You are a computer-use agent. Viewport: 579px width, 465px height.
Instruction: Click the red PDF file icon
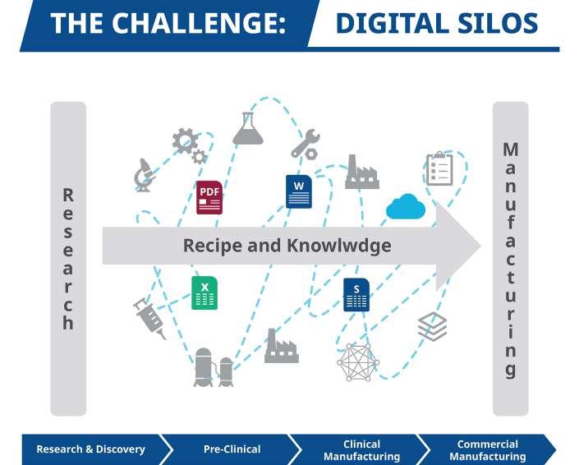click(209, 197)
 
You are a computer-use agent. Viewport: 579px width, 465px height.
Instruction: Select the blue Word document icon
click(299, 191)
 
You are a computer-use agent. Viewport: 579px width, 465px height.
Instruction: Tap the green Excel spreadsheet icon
click(204, 293)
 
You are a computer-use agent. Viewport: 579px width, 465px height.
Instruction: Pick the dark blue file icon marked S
click(356, 295)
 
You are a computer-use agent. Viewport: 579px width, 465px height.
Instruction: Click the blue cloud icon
click(406, 207)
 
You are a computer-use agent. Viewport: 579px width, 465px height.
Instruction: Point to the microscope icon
click(144, 175)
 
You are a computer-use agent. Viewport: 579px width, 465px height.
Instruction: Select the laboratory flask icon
click(247, 130)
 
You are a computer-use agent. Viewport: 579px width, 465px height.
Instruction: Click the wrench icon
click(305, 145)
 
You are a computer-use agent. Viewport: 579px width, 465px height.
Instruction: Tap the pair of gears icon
click(189, 145)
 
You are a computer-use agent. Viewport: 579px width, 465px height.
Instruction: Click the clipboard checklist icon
click(439, 168)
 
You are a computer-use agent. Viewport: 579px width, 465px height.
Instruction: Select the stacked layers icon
click(432, 326)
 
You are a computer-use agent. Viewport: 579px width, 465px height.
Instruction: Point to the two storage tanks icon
click(214, 367)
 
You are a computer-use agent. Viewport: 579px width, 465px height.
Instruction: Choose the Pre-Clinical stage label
click(232, 449)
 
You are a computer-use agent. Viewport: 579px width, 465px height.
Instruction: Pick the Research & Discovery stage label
click(90, 449)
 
